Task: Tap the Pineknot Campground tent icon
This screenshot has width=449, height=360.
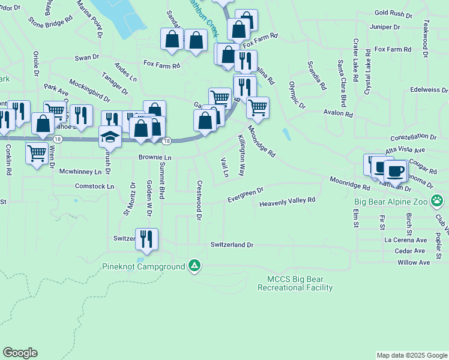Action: [x=194, y=265]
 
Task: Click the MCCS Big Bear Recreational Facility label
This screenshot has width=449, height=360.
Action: [x=295, y=284]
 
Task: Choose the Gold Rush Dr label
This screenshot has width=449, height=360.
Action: [x=393, y=13]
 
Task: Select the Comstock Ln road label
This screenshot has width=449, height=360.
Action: [x=94, y=187]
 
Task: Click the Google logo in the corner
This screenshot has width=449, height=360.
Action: [x=20, y=353]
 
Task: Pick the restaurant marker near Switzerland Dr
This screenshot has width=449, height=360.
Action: [x=146, y=239]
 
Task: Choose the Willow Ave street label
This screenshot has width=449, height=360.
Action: [x=414, y=263]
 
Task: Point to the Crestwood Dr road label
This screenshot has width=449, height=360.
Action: [x=199, y=196]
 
